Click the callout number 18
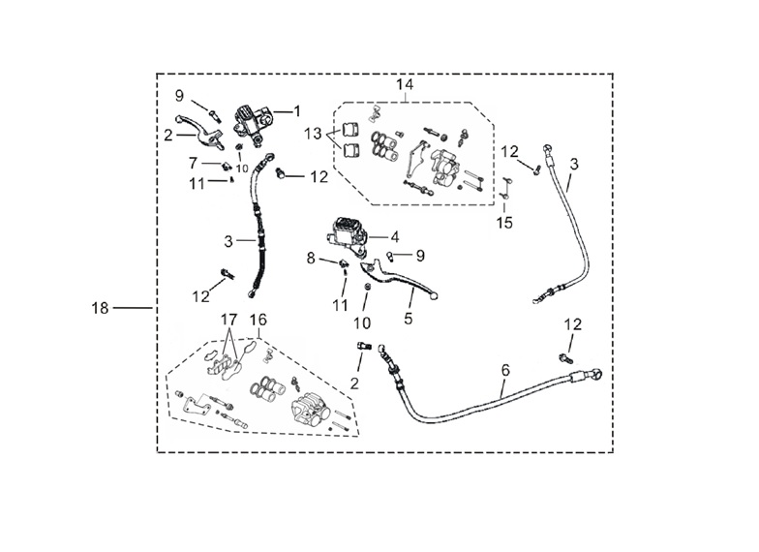point(101,308)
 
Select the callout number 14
point(405,84)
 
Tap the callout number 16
point(258,320)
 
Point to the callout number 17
point(228,320)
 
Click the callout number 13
point(314,134)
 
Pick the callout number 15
point(504,223)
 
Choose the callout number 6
point(505,370)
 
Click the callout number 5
point(409,319)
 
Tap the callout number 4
point(395,237)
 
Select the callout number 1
point(296,111)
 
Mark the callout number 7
point(194,163)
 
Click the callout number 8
point(311,258)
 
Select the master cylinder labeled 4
point(348,236)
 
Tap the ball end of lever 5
point(434,295)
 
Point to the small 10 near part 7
point(242,169)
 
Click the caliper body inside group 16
point(310,409)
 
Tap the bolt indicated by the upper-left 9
point(214,116)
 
